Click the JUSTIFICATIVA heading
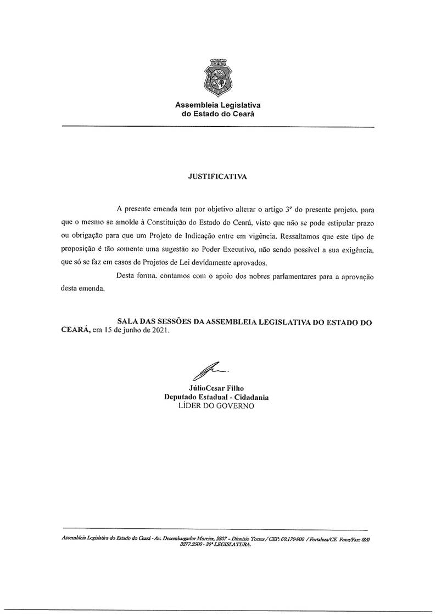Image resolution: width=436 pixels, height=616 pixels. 217,177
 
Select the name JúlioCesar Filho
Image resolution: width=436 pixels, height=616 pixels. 217,388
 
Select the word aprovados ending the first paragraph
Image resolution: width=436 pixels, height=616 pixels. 245,262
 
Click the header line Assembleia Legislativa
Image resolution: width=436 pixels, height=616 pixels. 217,104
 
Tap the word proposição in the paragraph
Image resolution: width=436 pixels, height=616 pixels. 80,249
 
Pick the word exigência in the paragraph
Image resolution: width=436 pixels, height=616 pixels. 355,249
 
